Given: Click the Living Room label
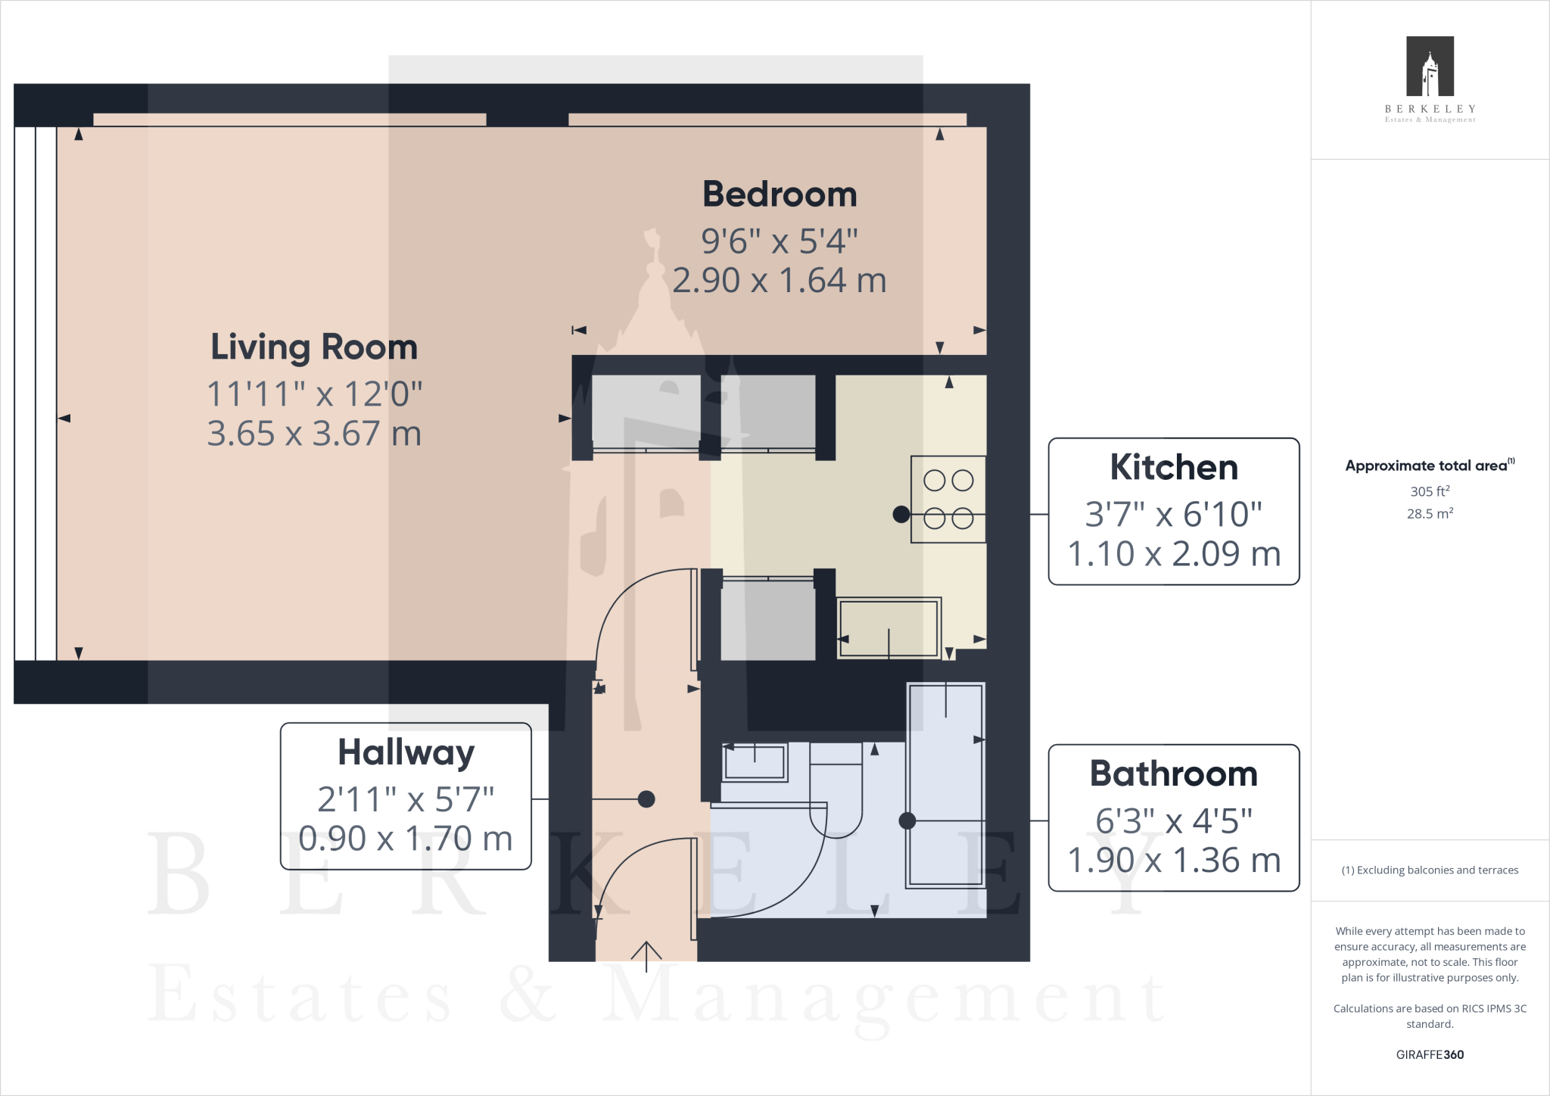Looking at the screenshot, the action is [314, 347].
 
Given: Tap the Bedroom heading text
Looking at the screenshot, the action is [780, 195].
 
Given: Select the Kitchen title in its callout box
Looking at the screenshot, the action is [1174, 467].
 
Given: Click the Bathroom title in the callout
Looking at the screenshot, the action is [1174, 774].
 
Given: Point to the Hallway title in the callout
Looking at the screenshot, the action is [406, 753].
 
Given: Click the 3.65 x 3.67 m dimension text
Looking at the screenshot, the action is [314, 434].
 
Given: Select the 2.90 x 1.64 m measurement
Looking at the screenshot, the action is [780, 281].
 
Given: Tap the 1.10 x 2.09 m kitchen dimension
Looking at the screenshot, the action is [1174, 554].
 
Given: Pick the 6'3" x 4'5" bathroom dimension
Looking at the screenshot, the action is [1174, 820].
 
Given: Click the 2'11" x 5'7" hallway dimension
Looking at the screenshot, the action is [406, 799].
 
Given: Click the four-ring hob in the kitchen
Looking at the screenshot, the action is [948, 499].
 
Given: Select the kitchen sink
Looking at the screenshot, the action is [889, 627].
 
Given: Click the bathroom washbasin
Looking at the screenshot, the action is [755, 761].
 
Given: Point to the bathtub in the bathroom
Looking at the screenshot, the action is [946, 785].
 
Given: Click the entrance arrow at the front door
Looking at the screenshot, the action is [646, 956].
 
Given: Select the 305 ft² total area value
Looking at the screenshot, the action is [1430, 491].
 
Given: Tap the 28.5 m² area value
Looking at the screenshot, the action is [1430, 513].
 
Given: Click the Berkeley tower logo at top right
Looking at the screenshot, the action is [1430, 66].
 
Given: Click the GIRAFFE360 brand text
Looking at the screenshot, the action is [1430, 1054].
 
